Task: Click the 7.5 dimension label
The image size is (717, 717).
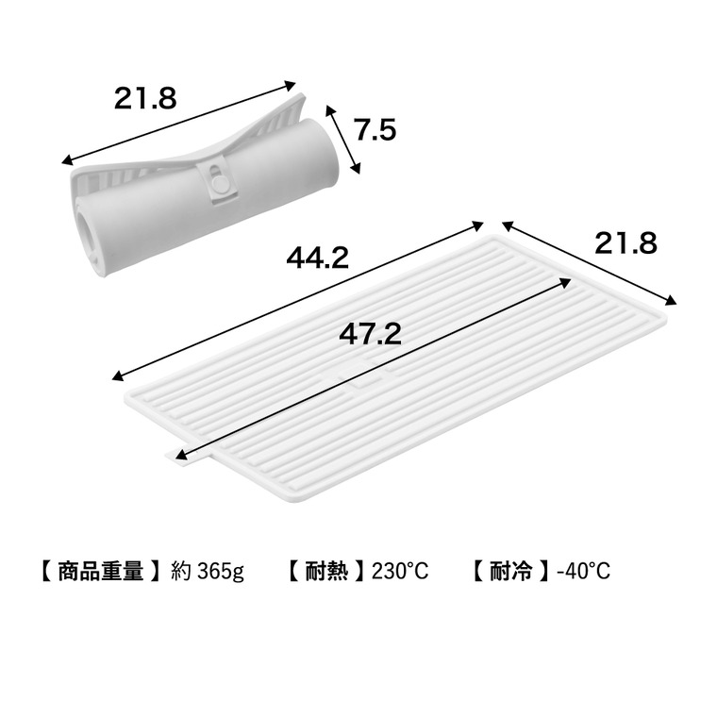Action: click(x=375, y=130)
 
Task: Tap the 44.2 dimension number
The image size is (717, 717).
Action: click(x=317, y=258)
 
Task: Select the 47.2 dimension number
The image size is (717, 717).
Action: click(x=370, y=333)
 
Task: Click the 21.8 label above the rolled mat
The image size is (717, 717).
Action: click(x=145, y=98)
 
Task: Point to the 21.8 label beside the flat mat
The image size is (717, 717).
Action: click(x=625, y=242)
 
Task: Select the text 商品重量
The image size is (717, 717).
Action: click(x=101, y=571)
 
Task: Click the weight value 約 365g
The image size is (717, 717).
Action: click(x=208, y=572)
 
